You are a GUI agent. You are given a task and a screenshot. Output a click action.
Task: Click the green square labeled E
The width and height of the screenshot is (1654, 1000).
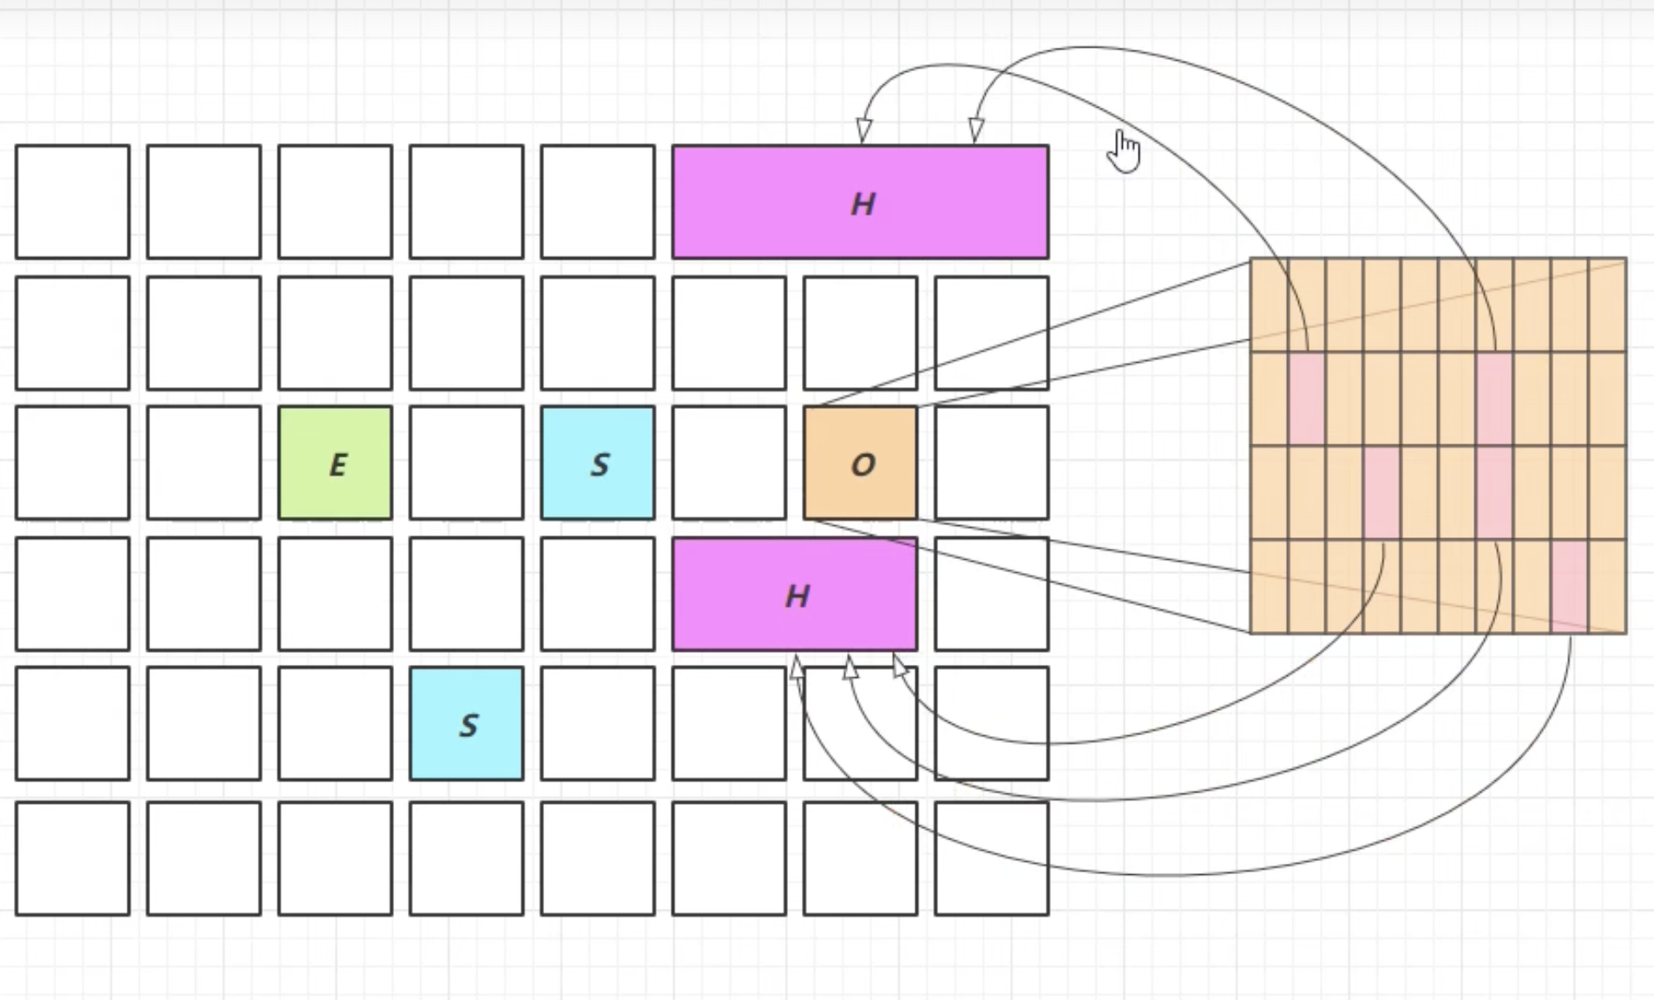tap(335, 464)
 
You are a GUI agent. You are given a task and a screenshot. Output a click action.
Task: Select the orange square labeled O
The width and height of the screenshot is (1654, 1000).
tap(860, 464)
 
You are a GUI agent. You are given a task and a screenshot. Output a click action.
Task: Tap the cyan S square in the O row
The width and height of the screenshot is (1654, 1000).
tap(598, 464)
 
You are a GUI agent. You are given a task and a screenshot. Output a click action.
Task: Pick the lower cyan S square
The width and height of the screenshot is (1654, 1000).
tap(467, 724)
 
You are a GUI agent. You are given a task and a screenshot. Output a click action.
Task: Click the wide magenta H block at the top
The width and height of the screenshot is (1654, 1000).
tap(860, 202)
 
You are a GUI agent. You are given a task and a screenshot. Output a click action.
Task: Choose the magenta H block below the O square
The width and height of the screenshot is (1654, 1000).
tap(795, 595)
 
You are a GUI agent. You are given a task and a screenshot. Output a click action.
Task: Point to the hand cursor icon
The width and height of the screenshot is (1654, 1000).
tap(1125, 152)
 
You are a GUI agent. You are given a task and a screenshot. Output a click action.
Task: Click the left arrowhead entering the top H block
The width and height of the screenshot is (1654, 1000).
tap(863, 130)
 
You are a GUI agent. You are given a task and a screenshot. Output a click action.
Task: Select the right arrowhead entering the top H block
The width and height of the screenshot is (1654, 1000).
tap(976, 130)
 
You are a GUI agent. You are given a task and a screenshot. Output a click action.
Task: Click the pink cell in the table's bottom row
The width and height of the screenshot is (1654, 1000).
tap(1569, 587)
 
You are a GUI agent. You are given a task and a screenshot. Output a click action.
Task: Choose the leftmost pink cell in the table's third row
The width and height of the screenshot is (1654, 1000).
tap(1382, 493)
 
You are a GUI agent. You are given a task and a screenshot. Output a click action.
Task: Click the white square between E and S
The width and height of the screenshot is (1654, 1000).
tap(467, 464)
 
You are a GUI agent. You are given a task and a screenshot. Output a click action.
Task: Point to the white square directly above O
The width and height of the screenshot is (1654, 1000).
tap(860, 333)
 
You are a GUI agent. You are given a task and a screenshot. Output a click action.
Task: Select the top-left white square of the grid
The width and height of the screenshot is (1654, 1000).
tap(73, 202)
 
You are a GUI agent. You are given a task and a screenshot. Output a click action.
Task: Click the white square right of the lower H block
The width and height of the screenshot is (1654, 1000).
tap(991, 595)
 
